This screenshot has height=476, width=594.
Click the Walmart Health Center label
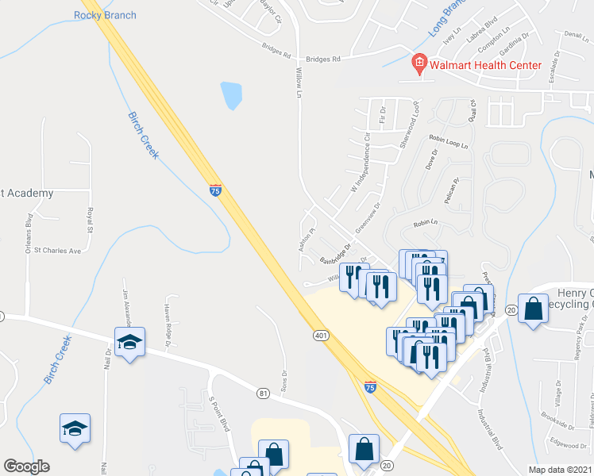click(486, 65)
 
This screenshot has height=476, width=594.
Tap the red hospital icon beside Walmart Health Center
click(418, 62)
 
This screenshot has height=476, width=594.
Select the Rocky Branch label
click(105, 15)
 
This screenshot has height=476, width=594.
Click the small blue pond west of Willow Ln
click(232, 95)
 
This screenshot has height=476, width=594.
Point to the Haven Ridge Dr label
click(168, 326)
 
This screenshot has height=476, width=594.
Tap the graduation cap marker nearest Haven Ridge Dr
click(129, 343)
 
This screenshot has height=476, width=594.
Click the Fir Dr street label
click(383, 116)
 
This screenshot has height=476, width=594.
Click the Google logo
click(26, 466)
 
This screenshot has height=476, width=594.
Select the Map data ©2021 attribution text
click(560, 470)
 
